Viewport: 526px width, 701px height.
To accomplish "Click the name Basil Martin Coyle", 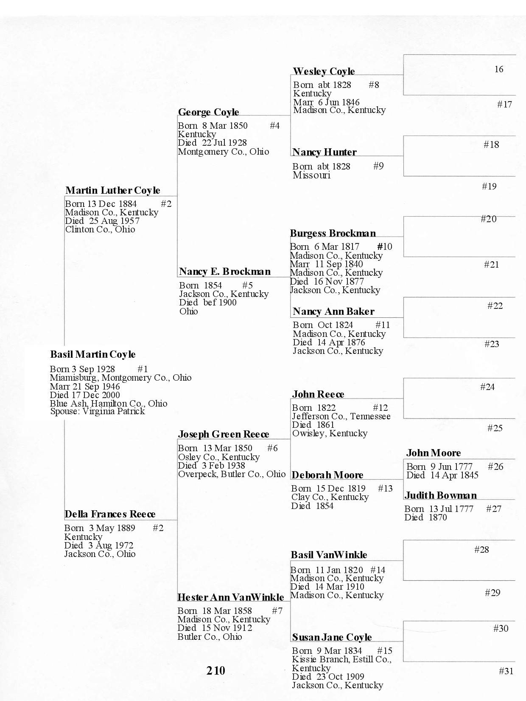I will pyautogui.click(x=93, y=354).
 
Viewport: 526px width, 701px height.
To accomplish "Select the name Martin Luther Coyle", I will pyautogui.click(x=113, y=190).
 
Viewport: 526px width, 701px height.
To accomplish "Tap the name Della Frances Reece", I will pyautogui.click(x=110, y=514).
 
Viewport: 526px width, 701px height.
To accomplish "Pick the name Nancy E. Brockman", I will pyautogui.click(x=225, y=272).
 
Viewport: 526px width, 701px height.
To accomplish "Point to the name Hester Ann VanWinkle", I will pyautogui.click(x=230, y=597).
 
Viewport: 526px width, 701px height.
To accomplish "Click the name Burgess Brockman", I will pyautogui.click(x=333, y=233).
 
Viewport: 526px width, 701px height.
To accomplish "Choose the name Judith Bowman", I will pyautogui.click(x=440, y=495).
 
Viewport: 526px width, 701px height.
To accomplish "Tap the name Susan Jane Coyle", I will pyautogui.click(x=332, y=637).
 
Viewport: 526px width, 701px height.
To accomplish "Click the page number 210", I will pyautogui.click(x=216, y=670).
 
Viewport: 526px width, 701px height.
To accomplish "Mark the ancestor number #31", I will pyautogui.click(x=506, y=671).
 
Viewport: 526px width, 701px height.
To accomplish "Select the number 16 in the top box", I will pyautogui.click(x=499, y=69).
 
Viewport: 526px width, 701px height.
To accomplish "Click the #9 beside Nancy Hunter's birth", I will pyautogui.click(x=378, y=166).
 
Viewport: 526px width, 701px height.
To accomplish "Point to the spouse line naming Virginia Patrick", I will pyautogui.click(x=98, y=411).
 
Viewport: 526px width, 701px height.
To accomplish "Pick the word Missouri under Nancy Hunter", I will pyautogui.click(x=311, y=175).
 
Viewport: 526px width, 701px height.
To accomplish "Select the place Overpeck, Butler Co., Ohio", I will pyautogui.click(x=232, y=474).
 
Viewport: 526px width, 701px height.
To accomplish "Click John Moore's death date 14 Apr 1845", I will pyautogui.click(x=454, y=475).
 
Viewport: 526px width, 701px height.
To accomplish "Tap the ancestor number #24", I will pyautogui.click(x=487, y=387).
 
